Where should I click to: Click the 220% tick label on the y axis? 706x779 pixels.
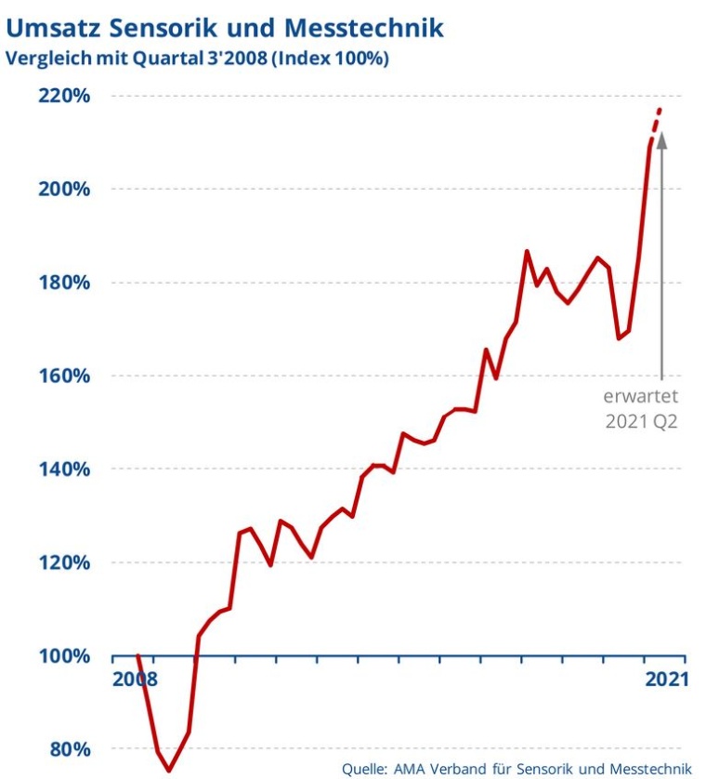[62, 96]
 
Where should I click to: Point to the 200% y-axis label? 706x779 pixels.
[62, 189]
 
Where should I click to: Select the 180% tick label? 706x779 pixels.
[62, 283]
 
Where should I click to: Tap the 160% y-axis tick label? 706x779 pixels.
[62, 376]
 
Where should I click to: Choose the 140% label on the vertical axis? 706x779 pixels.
[62, 469]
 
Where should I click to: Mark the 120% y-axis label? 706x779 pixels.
[62, 562]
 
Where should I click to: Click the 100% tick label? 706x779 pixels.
[62, 656]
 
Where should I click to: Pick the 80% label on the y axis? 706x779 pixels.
[68, 749]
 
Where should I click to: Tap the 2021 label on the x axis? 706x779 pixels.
[664, 679]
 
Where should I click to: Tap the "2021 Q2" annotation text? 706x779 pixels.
[642, 421]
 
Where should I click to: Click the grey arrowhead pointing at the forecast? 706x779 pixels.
[662, 141]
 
